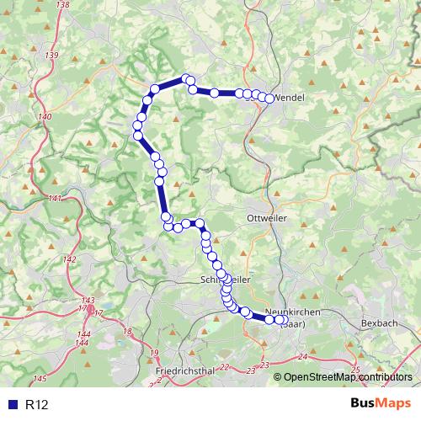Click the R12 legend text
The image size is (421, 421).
(x=37, y=405)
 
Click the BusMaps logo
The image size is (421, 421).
(x=380, y=404)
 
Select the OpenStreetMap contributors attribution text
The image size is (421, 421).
(x=348, y=377)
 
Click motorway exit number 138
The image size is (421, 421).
(x=61, y=5)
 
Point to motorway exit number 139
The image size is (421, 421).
(x=53, y=55)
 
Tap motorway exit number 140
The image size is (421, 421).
(x=45, y=116)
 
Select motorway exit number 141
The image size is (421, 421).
(x=55, y=199)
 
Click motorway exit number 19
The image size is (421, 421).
(x=153, y=351)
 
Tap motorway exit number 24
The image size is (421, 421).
(x=303, y=357)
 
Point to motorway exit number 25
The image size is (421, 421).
(x=354, y=370)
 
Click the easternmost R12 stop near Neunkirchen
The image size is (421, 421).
(x=280, y=319)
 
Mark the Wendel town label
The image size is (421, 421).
(x=290, y=98)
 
